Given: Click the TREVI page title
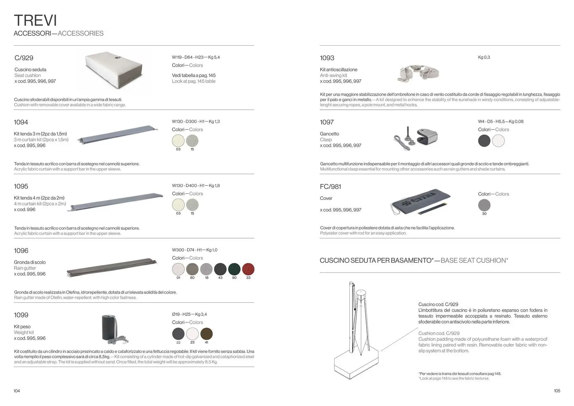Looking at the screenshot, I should pos(35,20).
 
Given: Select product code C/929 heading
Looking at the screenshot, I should pos(24,58).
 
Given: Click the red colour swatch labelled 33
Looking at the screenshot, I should pos(248,269).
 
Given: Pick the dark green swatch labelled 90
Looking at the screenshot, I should pos(234,269).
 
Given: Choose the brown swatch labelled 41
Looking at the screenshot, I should pos(206,334).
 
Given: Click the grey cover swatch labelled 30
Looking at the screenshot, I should pos(484,205).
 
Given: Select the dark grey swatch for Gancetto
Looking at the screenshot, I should pos(484,141).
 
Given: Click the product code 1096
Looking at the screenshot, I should pos(21,251).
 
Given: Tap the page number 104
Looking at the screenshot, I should pos(17,391).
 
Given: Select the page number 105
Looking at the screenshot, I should pos(557,391).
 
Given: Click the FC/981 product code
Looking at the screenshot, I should pos(330,186).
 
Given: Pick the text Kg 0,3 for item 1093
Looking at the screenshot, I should pos(484,57).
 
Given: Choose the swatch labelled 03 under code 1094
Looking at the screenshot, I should pos(178,141).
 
